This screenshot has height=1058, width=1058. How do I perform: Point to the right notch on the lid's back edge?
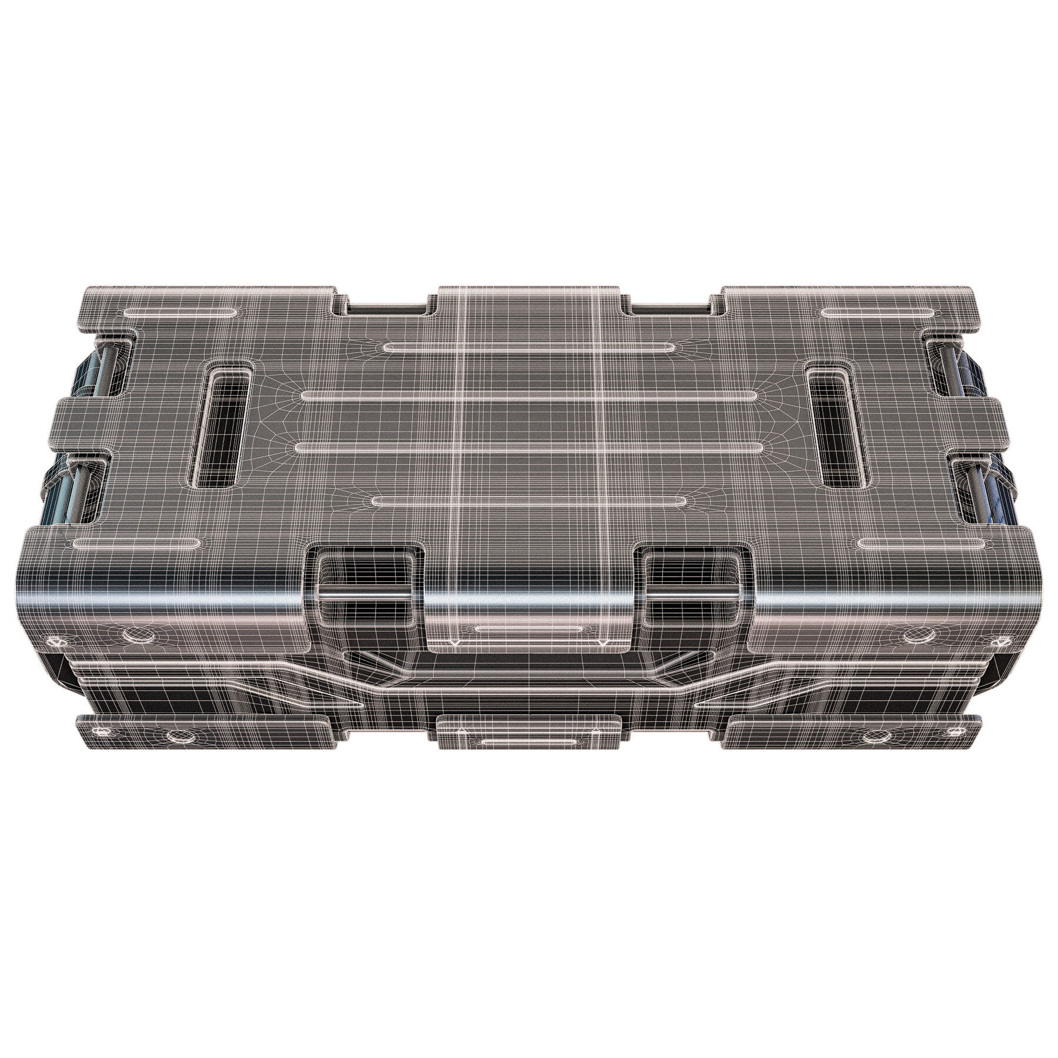click(x=670, y=306)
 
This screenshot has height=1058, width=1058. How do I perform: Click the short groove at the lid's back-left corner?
click(x=182, y=312)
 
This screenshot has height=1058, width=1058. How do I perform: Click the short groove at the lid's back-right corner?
click(x=876, y=312)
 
